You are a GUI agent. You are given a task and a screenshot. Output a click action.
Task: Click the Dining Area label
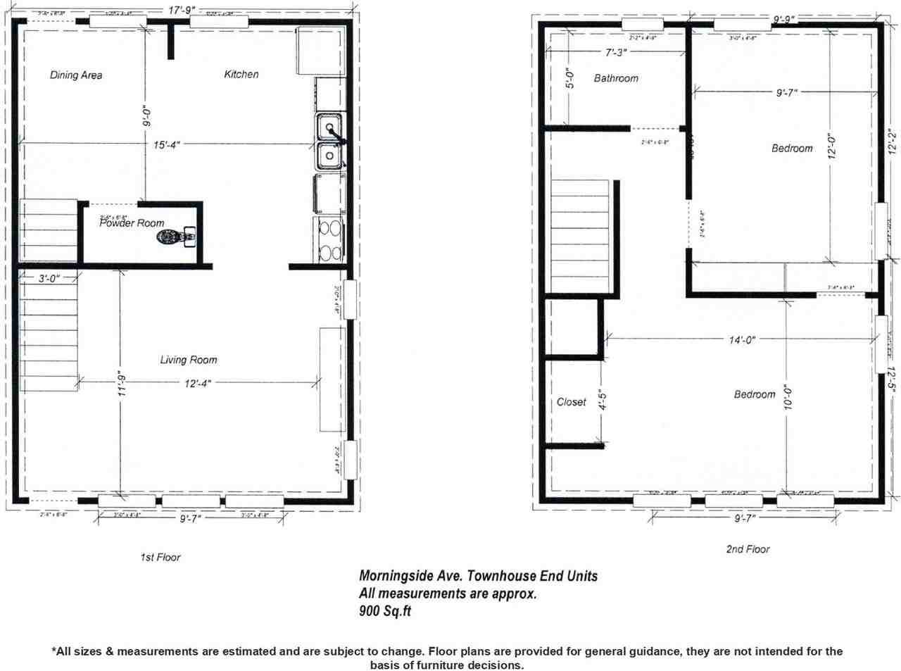coord(76,75)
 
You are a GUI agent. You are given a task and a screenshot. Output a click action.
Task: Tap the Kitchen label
coord(241,74)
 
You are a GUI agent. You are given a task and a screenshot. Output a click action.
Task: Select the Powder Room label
coord(132,223)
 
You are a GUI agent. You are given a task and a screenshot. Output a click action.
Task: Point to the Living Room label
coord(189,360)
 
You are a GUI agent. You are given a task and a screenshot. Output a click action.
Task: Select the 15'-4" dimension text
coord(168,145)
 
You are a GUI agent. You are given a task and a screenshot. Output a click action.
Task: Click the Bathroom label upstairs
coord(616,78)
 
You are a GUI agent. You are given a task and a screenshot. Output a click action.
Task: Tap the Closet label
coord(571,402)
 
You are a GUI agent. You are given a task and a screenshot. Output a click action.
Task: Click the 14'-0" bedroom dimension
coord(742,339)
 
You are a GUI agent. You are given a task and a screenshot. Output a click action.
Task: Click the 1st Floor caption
coord(160,558)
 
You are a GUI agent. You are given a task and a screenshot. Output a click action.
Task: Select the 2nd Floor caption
coord(748,549)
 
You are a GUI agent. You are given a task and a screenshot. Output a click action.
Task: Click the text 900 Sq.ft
coord(385,611)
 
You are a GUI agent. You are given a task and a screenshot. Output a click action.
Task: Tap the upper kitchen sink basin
coord(328,128)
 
